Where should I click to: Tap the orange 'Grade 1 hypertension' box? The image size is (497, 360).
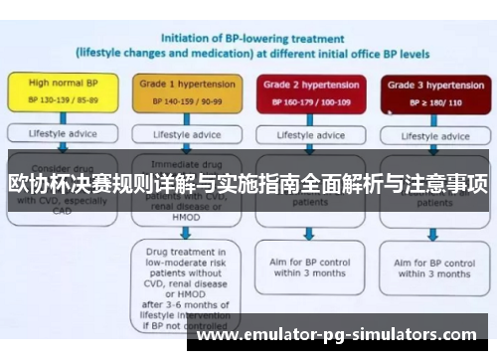[181, 92]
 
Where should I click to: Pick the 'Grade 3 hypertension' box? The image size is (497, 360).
[430, 92]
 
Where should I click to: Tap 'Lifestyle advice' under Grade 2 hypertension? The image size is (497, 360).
[309, 134]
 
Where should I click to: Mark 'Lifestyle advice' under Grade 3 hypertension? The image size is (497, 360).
[430, 134]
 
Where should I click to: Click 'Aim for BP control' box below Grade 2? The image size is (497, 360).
[309, 267]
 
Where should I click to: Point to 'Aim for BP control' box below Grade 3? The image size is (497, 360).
[430, 267]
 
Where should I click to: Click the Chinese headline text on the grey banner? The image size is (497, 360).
[248, 182]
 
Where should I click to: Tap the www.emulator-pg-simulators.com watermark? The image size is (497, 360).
[339, 335]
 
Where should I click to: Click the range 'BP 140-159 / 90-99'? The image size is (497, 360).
[181, 101]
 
